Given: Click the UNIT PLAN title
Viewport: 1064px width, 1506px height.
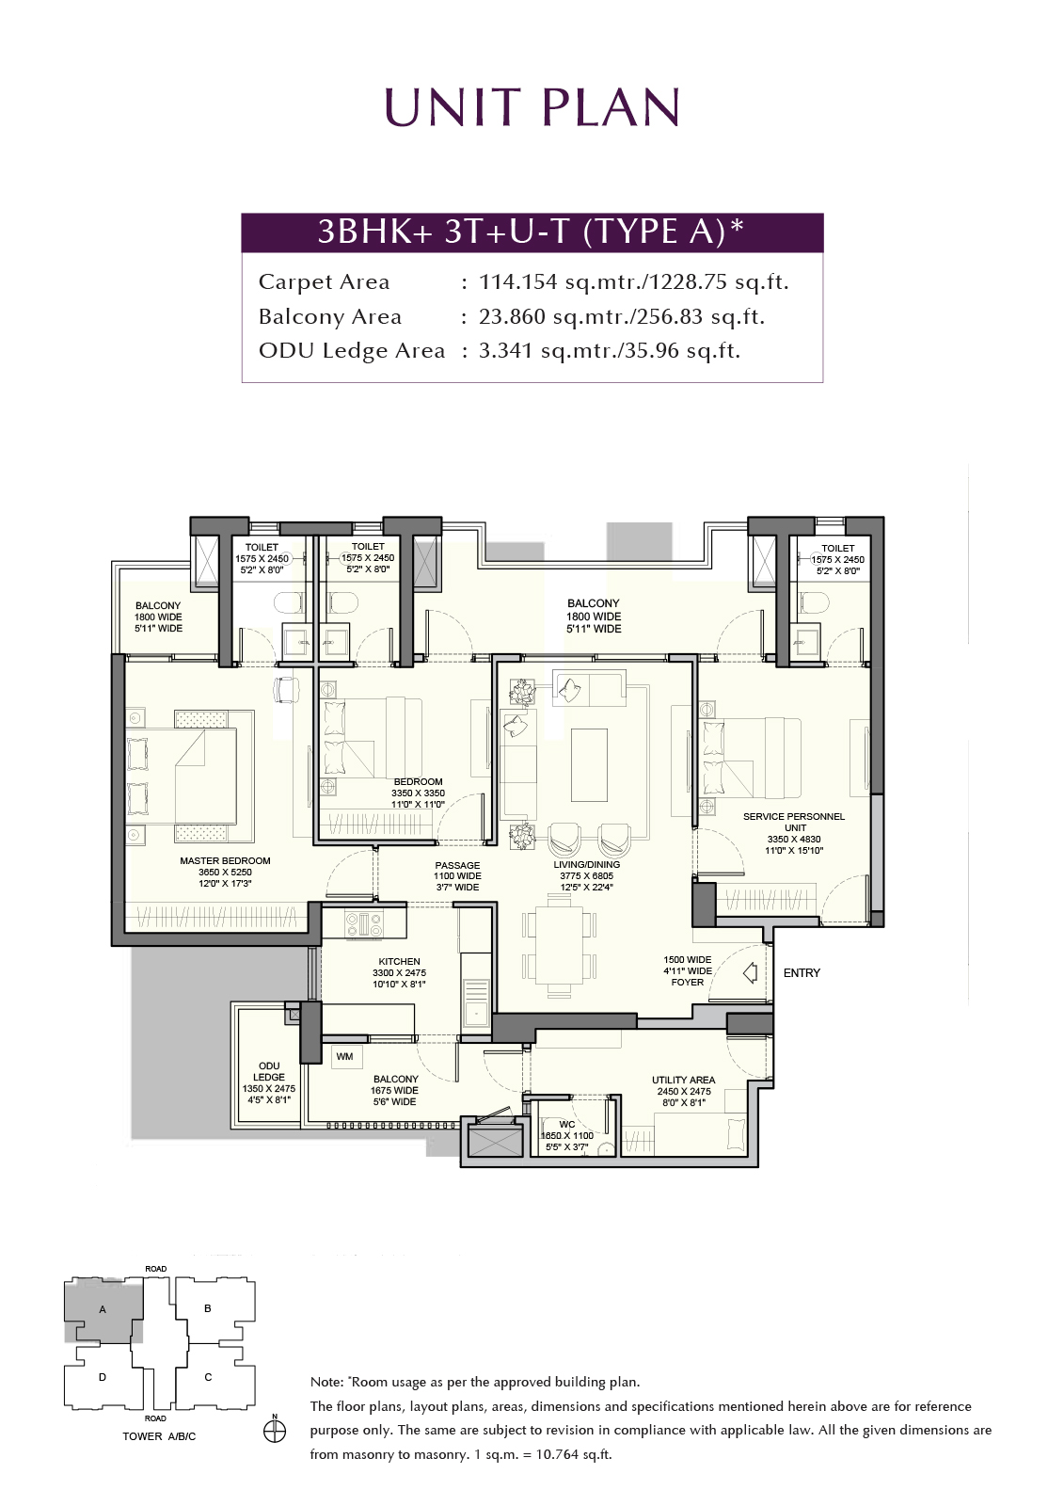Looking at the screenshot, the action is click(x=532, y=107).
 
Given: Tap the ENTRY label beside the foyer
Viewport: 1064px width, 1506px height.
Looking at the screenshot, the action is click(x=802, y=973).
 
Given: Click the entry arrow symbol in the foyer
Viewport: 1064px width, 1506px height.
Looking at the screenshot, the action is click(x=750, y=972).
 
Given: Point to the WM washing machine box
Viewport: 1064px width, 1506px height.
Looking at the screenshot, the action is click(x=344, y=1056).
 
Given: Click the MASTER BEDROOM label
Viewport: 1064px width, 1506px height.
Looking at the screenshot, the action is click(x=225, y=860).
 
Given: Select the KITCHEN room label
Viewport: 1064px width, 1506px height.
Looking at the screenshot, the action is click(x=399, y=961).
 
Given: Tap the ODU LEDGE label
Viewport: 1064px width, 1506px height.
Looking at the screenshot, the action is click(x=269, y=1072).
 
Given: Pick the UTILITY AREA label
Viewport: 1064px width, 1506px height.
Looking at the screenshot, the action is click(x=684, y=1080).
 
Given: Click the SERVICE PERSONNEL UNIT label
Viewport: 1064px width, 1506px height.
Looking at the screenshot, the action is click(x=794, y=822).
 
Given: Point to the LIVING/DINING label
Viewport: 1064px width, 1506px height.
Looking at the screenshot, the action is click(x=587, y=865).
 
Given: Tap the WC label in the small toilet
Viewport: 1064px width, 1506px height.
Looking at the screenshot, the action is click(x=566, y=1124).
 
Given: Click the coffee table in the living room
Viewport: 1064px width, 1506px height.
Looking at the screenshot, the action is click(x=590, y=765).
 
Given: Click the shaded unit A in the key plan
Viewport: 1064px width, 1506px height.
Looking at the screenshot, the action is click(x=103, y=1309).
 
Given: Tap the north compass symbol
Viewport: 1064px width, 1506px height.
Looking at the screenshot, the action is click(x=275, y=1432).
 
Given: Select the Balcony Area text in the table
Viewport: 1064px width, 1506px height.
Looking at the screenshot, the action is click(x=330, y=316).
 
